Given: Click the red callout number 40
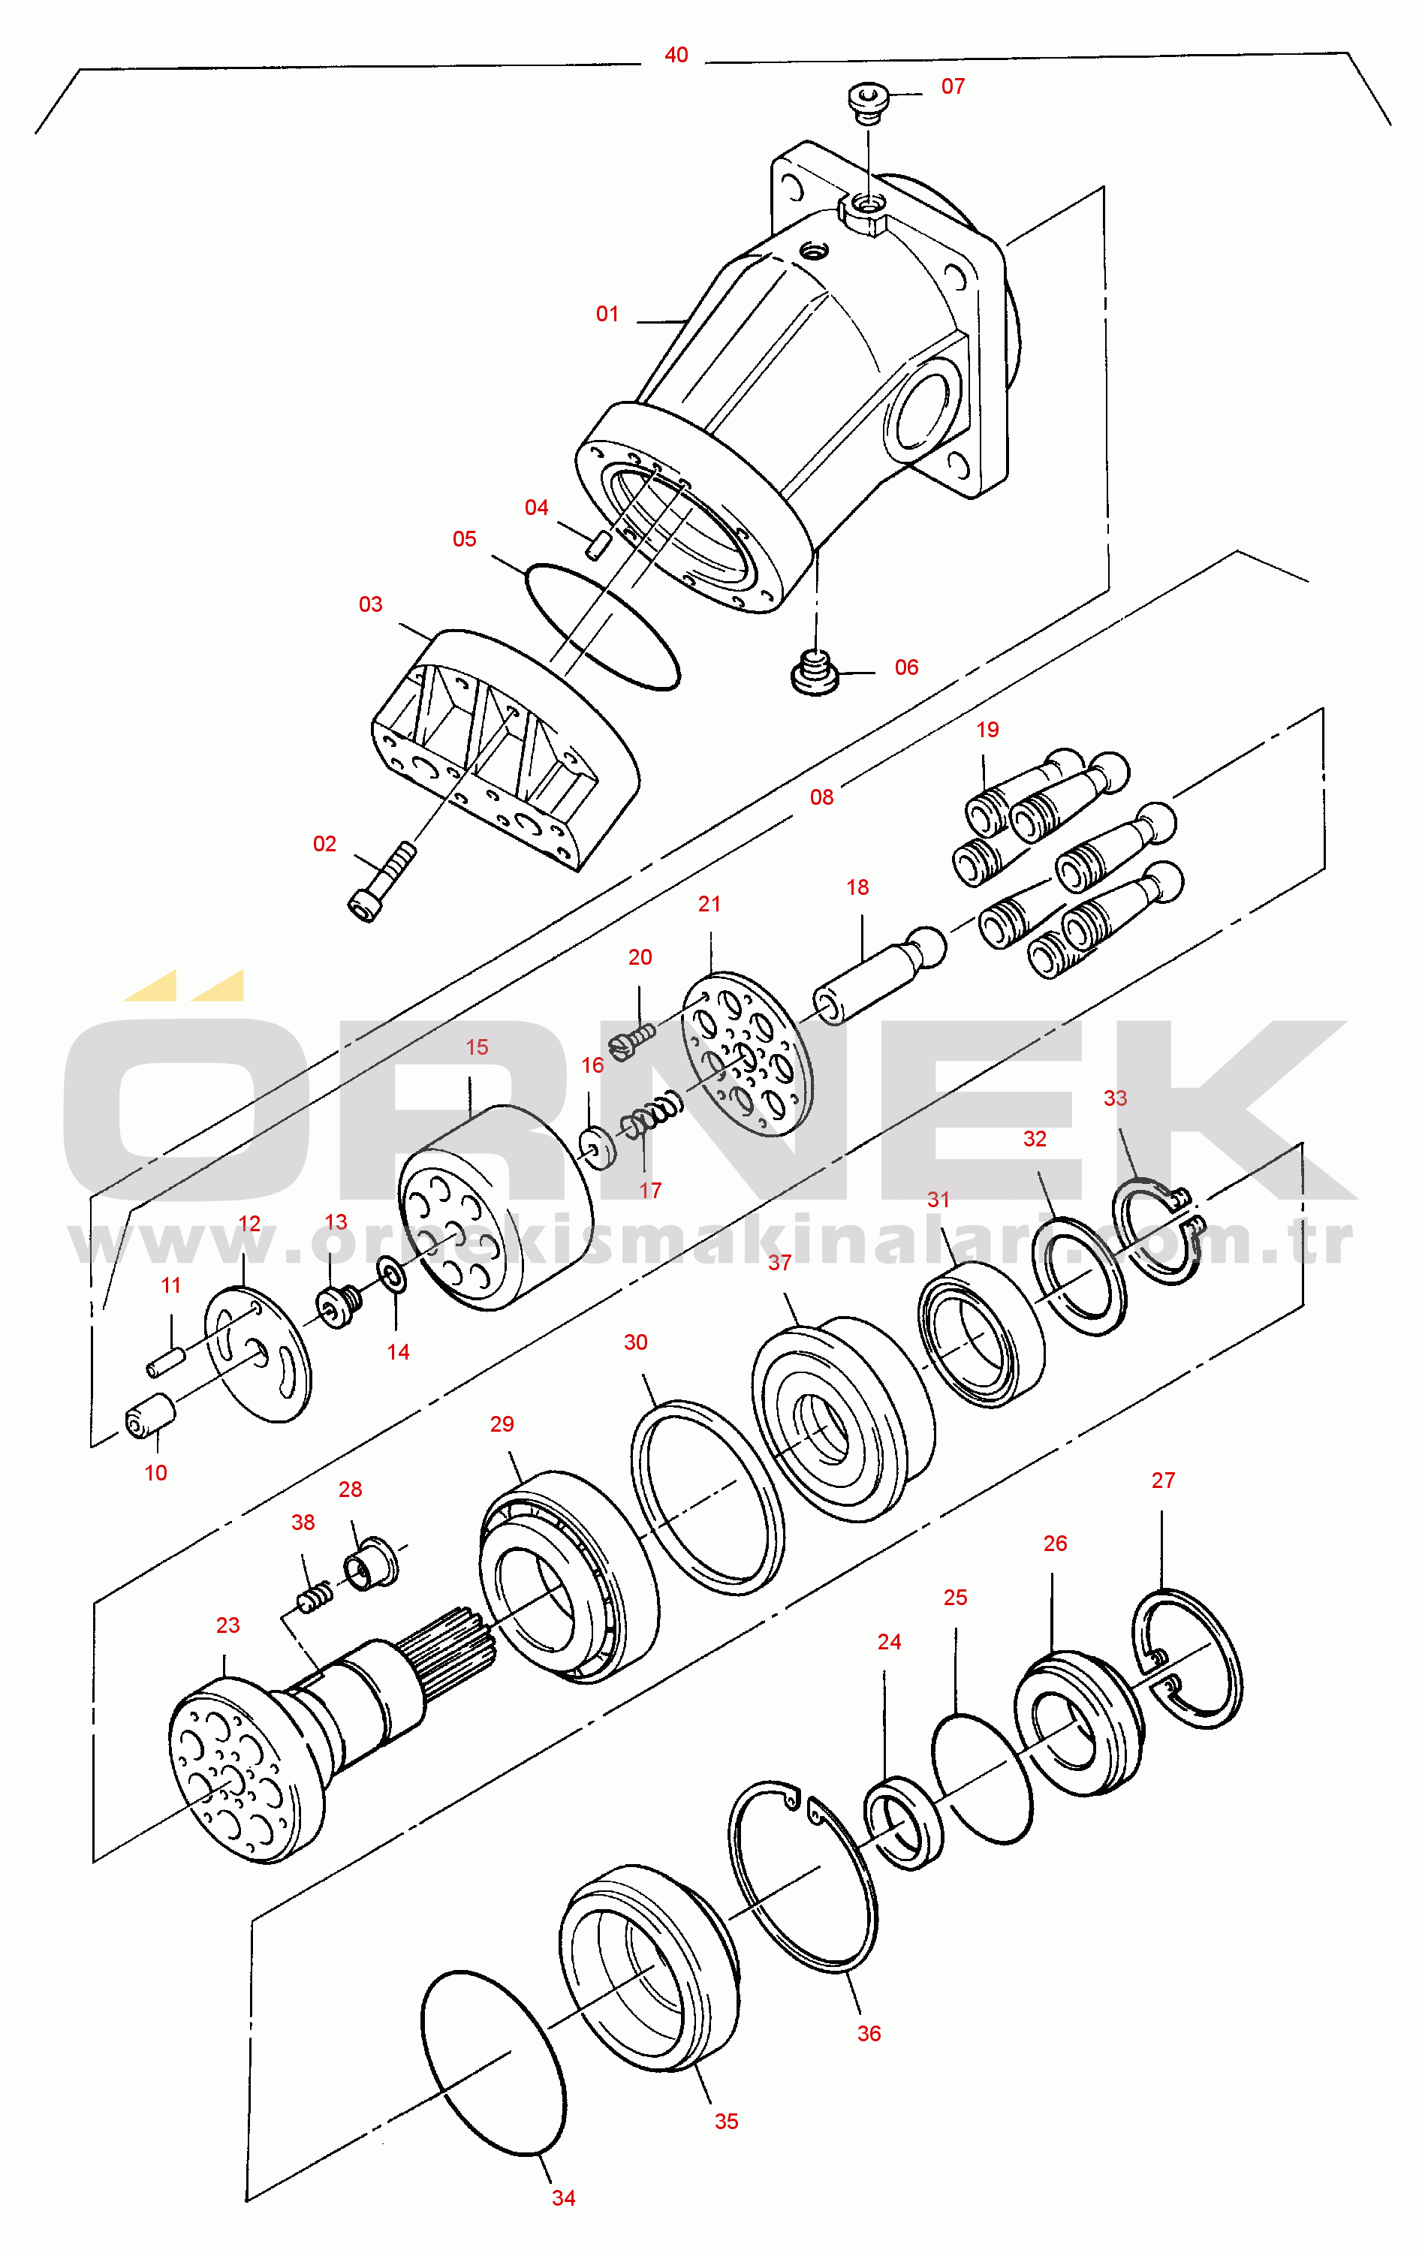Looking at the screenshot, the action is point(676,55).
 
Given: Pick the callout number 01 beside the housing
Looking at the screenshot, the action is point(607,314).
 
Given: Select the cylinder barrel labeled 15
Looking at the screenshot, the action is point(496,1206).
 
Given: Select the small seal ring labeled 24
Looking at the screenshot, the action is point(903,1823).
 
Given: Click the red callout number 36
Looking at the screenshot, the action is point(869,2033).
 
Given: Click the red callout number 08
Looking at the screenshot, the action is point(821,797).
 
